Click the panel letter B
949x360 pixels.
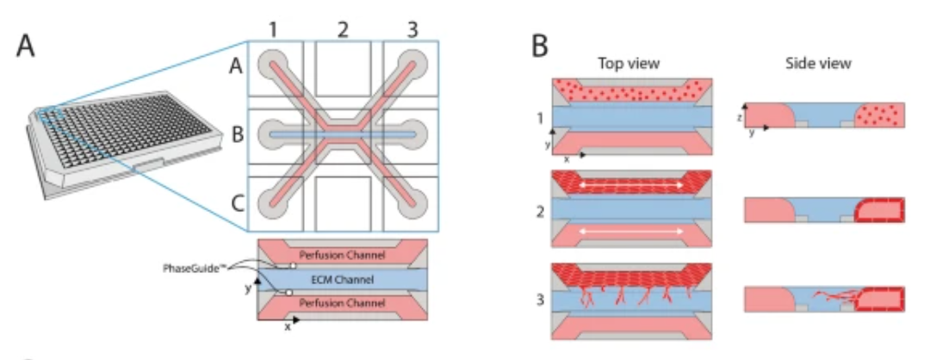tap(540, 46)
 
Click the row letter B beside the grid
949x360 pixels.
tap(234, 135)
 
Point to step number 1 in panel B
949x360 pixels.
tap(539, 115)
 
